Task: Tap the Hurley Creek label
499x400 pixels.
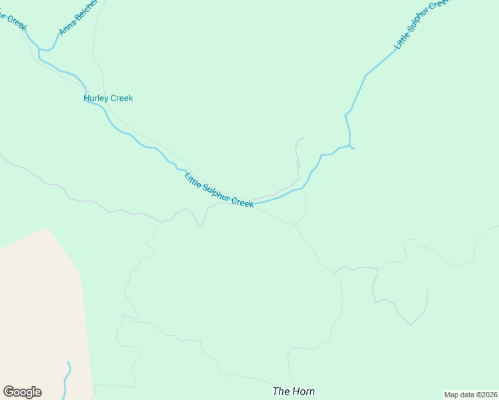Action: click(x=108, y=98)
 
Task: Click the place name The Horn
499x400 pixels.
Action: click(x=294, y=391)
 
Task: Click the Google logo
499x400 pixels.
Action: click(x=22, y=392)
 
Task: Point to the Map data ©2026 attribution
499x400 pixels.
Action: click(x=470, y=395)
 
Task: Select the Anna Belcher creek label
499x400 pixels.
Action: click(x=77, y=17)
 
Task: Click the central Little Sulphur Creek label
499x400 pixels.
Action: click(x=219, y=191)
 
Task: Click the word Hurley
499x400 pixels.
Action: click(x=96, y=98)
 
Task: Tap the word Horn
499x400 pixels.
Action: click(x=303, y=391)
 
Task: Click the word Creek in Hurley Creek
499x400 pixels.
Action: click(x=122, y=98)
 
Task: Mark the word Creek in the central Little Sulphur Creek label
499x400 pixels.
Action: click(x=242, y=201)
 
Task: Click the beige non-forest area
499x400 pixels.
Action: click(x=40, y=313)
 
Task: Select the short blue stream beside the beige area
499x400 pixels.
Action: click(x=67, y=380)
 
